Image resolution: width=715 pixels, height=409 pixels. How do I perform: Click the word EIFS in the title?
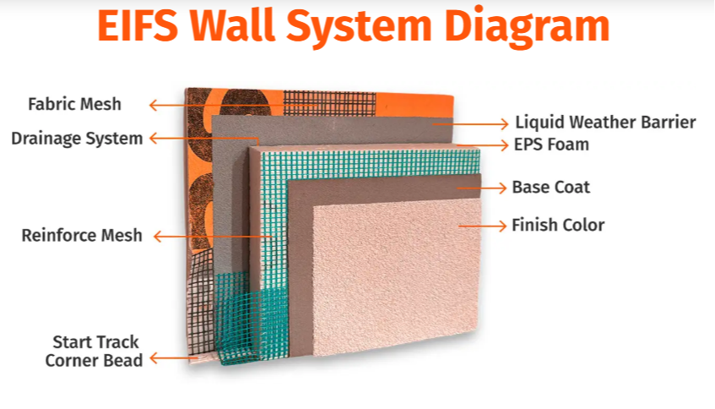138,25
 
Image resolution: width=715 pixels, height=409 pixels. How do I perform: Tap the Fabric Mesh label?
75,104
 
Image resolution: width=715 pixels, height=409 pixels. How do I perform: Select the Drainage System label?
77,139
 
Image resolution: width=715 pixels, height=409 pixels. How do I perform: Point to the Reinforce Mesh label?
82,236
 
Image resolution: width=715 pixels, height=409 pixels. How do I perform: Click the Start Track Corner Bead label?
94,351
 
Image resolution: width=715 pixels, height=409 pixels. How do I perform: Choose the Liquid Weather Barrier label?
605,123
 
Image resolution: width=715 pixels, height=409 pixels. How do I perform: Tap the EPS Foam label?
551,145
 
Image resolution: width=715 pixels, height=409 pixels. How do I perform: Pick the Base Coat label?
551,187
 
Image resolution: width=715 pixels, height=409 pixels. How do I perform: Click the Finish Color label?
558,225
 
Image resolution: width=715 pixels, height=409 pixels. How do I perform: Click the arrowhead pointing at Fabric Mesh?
154,105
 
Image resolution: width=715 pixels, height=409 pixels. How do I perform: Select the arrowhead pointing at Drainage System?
154,139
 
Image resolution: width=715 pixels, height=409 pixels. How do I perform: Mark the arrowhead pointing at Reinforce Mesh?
158,237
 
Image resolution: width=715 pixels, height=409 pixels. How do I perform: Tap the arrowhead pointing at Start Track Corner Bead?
154,358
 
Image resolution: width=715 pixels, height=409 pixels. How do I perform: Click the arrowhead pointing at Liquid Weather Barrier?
504,123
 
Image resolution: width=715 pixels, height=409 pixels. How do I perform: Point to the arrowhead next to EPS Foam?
504,145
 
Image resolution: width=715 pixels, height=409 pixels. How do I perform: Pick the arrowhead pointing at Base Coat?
502,188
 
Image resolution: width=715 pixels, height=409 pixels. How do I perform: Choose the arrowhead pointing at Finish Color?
502,226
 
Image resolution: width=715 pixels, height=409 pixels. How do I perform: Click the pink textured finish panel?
397,277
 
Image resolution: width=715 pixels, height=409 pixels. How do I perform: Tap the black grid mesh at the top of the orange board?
330,103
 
